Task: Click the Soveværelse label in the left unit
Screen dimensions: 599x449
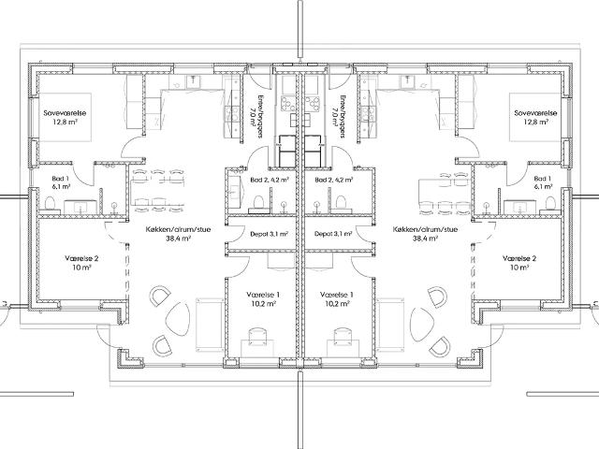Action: [x=65, y=113]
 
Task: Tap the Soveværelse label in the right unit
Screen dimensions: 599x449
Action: [x=535, y=113]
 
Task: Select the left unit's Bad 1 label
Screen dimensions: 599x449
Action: [x=60, y=179]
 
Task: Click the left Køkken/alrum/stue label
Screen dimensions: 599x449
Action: [x=178, y=229]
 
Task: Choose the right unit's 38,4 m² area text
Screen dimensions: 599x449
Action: [x=425, y=239]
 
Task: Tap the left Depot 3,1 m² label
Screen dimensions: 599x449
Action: [x=269, y=234]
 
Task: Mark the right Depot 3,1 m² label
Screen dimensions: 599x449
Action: [x=333, y=234]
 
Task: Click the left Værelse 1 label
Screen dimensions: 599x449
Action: [x=263, y=295]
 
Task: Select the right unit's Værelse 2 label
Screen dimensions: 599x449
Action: [x=519, y=258]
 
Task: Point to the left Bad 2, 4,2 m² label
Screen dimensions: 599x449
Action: [x=270, y=180]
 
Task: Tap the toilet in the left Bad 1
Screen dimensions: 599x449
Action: [x=51, y=204]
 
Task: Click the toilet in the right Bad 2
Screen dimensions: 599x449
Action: [x=340, y=204]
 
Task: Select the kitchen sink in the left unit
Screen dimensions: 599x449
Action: [x=195, y=81]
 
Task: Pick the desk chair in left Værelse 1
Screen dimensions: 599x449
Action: [x=256, y=335]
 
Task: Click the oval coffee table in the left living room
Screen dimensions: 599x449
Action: [x=178, y=318]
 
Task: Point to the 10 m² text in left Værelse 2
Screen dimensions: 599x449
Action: [x=81, y=268]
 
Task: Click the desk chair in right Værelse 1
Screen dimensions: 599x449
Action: [x=343, y=335]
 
